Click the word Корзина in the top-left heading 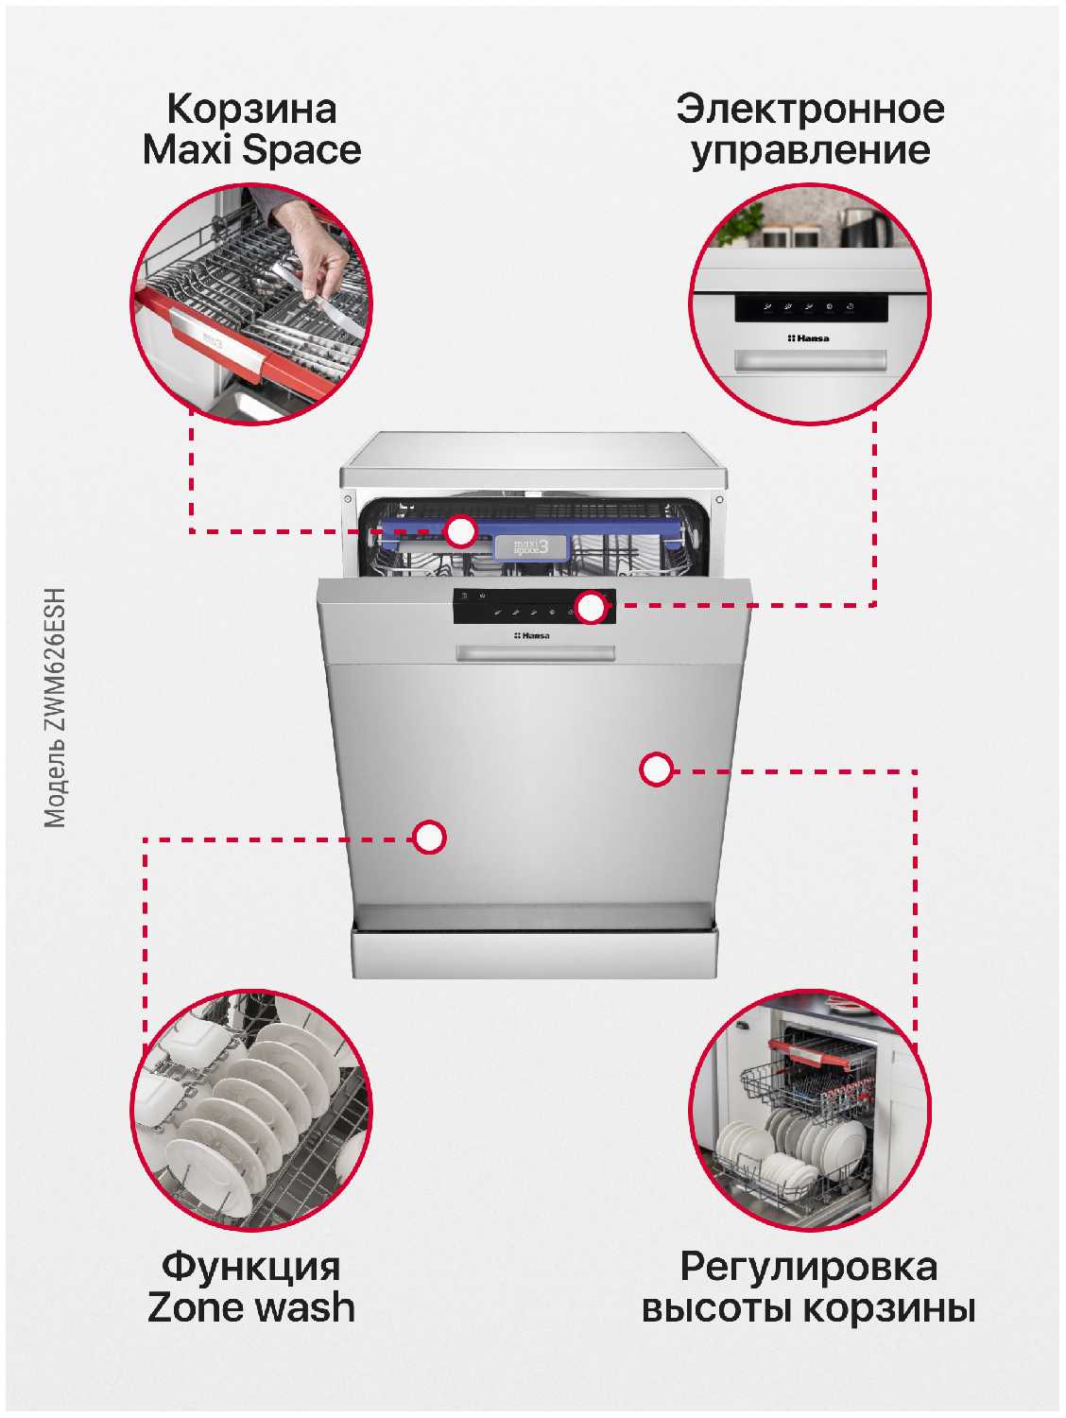(x=251, y=110)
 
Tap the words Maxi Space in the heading (x=251, y=150)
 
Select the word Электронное (x=810, y=110)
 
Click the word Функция (x=251, y=1267)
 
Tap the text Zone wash (x=251, y=1308)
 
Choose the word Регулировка (x=809, y=1268)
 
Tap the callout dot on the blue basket (x=460, y=531)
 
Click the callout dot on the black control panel (x=592, y=607)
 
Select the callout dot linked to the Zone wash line (x=429, y=838)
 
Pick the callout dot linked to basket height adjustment (x=657, y=770)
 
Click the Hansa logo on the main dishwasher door (x=532, y=636)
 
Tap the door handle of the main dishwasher (x=535, y=653)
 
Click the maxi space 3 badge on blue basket (x=531, y=547)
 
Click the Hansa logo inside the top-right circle (x=808, y=338)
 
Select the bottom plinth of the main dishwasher (x=535, y=954)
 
